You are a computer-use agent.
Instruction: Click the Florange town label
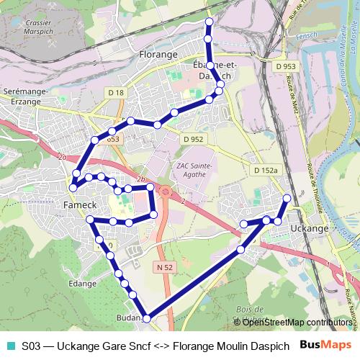coord(158,54)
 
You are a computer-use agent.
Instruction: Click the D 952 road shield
coord(192,139)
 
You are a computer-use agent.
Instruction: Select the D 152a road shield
coord(265,170)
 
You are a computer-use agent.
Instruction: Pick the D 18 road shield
coord(116,92)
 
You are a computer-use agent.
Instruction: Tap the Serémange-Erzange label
coord(24,96)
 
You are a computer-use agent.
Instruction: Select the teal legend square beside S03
coord(10,345)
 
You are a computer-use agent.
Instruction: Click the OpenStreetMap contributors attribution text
coord(295,322)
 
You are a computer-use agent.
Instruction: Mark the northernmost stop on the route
coord(209,21)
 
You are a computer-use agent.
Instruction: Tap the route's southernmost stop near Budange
coord(146,318)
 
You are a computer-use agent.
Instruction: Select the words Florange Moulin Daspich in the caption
coord(231,345)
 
